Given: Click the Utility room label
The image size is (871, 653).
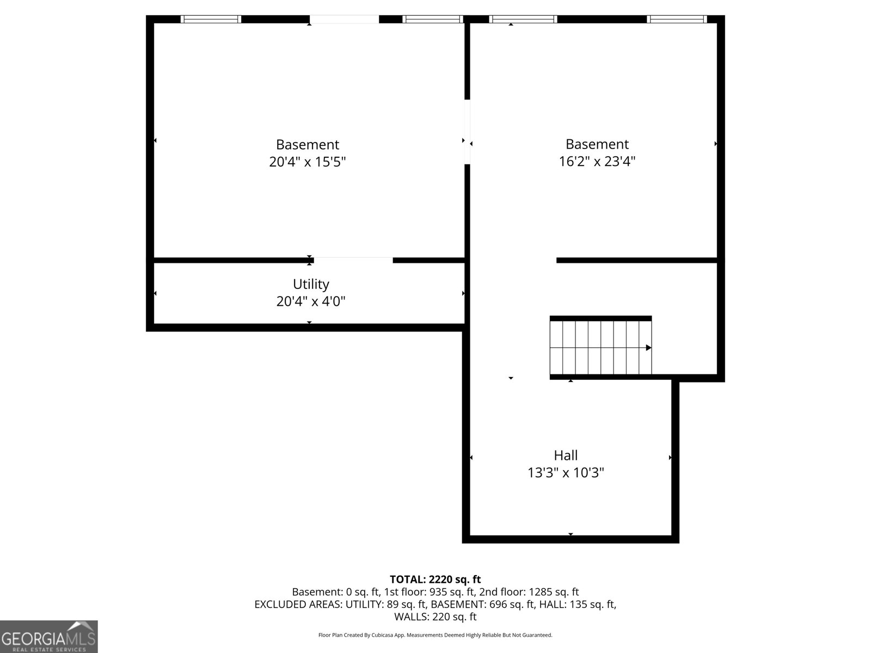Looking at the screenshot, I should [x=311, y=284].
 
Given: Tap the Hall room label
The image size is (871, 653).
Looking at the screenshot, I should [x=566, y=455].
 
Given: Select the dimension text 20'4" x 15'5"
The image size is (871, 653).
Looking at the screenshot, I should [x=308, y=162].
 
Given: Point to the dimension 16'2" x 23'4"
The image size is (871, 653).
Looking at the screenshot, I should [x=597, y=161].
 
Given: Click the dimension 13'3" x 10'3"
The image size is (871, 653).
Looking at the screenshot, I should [x=566, y=472].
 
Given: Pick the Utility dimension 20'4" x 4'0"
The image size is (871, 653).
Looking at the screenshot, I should [x=311, y=301].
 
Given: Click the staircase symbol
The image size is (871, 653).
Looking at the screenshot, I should [x=600, y=348].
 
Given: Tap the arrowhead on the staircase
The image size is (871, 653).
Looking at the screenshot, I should [x=648, y=348].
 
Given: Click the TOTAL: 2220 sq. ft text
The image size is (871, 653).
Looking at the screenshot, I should [x=435, y=580].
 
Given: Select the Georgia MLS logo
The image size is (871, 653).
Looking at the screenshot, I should [x=48, y=637].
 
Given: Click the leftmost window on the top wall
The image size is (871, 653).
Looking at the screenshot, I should [x=211, y=19].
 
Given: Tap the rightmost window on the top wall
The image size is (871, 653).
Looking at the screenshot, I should [x=677, y=19].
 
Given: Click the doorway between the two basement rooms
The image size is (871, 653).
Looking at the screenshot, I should [x=467, y=131].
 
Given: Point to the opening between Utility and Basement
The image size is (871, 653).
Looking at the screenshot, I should [x=353, y=260].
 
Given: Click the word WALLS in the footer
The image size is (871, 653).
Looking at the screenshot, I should [x=412, y=617].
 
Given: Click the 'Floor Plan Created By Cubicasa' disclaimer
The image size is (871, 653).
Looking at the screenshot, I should [x=435, y=635].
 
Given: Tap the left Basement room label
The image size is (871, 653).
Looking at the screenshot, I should [x=308, y=144].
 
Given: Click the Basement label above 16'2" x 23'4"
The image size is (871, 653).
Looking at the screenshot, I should [x=597, y=144].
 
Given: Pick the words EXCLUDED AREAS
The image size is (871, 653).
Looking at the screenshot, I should [x=293, y=604].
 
